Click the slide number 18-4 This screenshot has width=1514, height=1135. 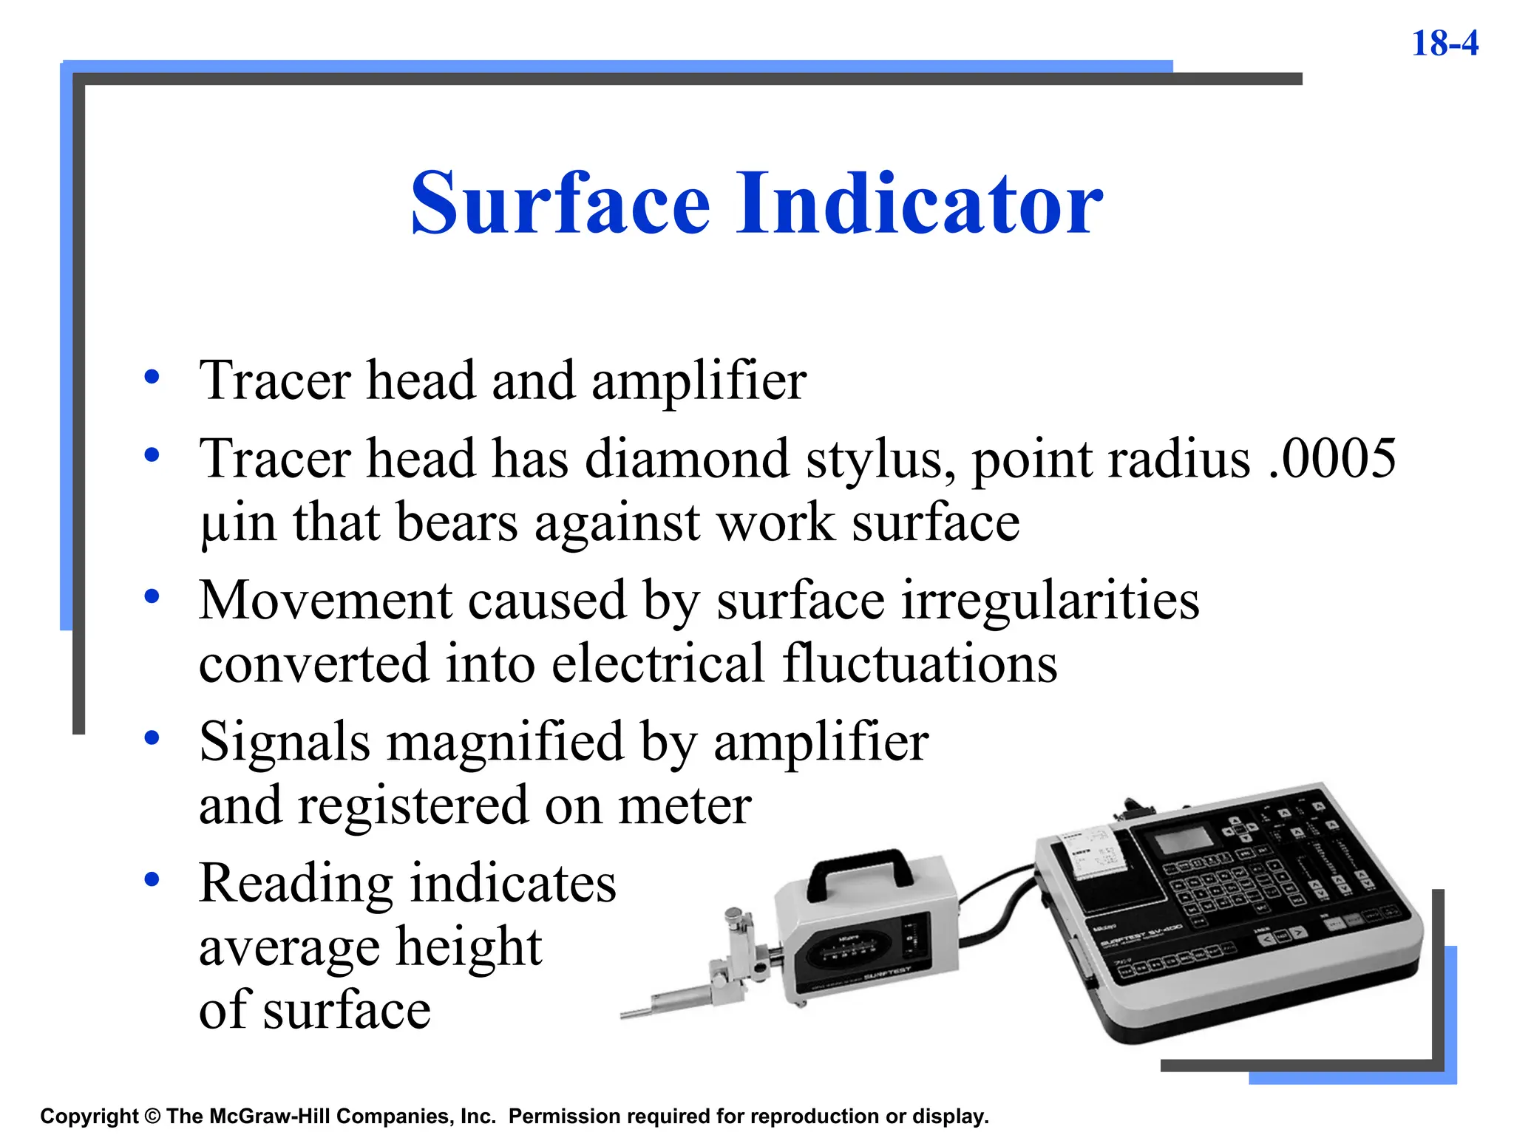[x=1445, y=44]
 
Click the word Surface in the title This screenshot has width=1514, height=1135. [x=560, y=202]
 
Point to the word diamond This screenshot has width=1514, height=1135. [x=687, y=459]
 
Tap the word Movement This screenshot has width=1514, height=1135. [x=325, y=600]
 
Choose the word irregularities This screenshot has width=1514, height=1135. [x=1050, y=600]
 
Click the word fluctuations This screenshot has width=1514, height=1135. [x=920, y=664]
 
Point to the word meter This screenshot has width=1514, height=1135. [x=685, y=805]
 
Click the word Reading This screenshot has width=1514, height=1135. [x=296, y=885]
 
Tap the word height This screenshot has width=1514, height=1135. [x=469, y=947]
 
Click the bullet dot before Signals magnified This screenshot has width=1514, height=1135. [x=152, y=737]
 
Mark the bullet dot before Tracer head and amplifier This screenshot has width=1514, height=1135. [x=152, y=377]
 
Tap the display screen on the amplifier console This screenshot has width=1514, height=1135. [x=1183, y=840]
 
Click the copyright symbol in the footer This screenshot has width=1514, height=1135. [x=152, y=1117]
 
